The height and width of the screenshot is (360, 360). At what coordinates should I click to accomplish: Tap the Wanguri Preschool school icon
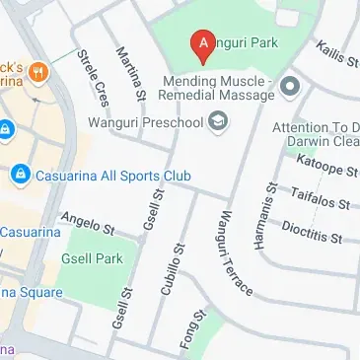[218, 123]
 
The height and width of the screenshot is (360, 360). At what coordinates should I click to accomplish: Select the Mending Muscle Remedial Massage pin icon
[289, 89]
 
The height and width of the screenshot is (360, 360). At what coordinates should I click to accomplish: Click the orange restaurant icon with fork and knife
[37, 71]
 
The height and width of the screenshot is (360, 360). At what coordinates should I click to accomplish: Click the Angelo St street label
[90, 222]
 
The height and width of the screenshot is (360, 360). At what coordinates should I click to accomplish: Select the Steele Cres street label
[100, 78]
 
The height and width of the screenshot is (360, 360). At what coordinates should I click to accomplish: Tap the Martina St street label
[131, 75]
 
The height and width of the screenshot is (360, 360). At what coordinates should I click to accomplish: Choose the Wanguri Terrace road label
[235, 253]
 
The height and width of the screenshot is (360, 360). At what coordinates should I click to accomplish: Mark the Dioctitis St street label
[311, 231]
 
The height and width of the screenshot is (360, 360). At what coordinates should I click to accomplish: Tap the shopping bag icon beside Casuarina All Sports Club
[19, 175]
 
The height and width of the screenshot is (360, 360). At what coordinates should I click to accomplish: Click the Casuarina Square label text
[30, 292]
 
